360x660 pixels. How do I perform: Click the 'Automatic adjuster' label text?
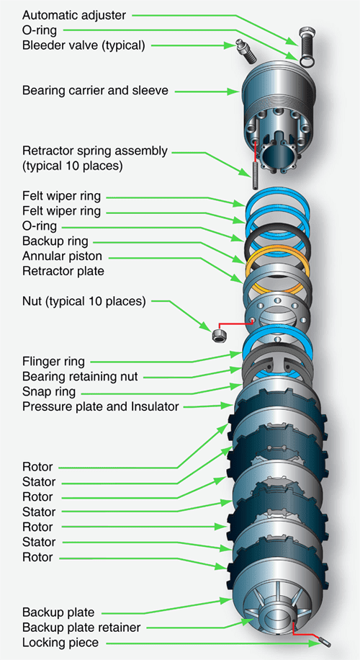(73, 14)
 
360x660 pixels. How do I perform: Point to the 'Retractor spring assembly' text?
(94, 151)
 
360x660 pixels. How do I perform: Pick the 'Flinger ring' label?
(54, 361)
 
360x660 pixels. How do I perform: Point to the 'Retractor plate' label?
(63, 271)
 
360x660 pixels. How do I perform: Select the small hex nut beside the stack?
(217, 336)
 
